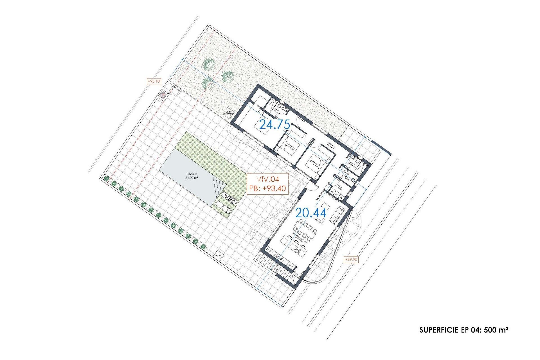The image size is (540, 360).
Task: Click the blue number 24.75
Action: (x=274, y=124)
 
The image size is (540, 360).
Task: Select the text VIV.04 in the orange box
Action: (x=267, y=179)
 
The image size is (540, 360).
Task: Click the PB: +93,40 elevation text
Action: (x=267, y=188)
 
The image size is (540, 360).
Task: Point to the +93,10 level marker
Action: (x=154, y=81)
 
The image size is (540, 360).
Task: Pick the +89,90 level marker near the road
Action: (x=351, y=259)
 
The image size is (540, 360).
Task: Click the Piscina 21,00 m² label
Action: (x=192, y=176)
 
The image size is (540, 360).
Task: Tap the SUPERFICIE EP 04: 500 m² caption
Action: (x=463, y=330)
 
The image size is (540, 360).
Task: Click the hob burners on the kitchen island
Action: (x=298, y=250)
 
